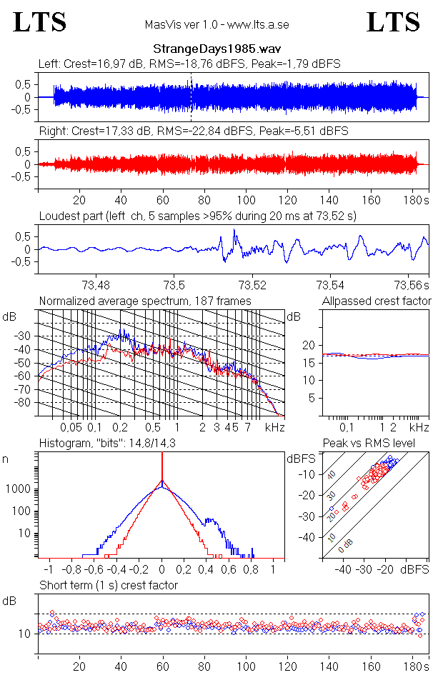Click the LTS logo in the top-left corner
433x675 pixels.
40,22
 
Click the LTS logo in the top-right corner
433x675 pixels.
393,22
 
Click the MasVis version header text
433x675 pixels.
216,25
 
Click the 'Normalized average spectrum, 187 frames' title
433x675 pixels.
145,301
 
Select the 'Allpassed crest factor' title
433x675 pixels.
377,301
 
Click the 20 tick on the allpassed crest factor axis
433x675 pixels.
309,346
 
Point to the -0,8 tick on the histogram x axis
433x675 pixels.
73,570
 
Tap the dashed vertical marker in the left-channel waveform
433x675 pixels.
191,97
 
